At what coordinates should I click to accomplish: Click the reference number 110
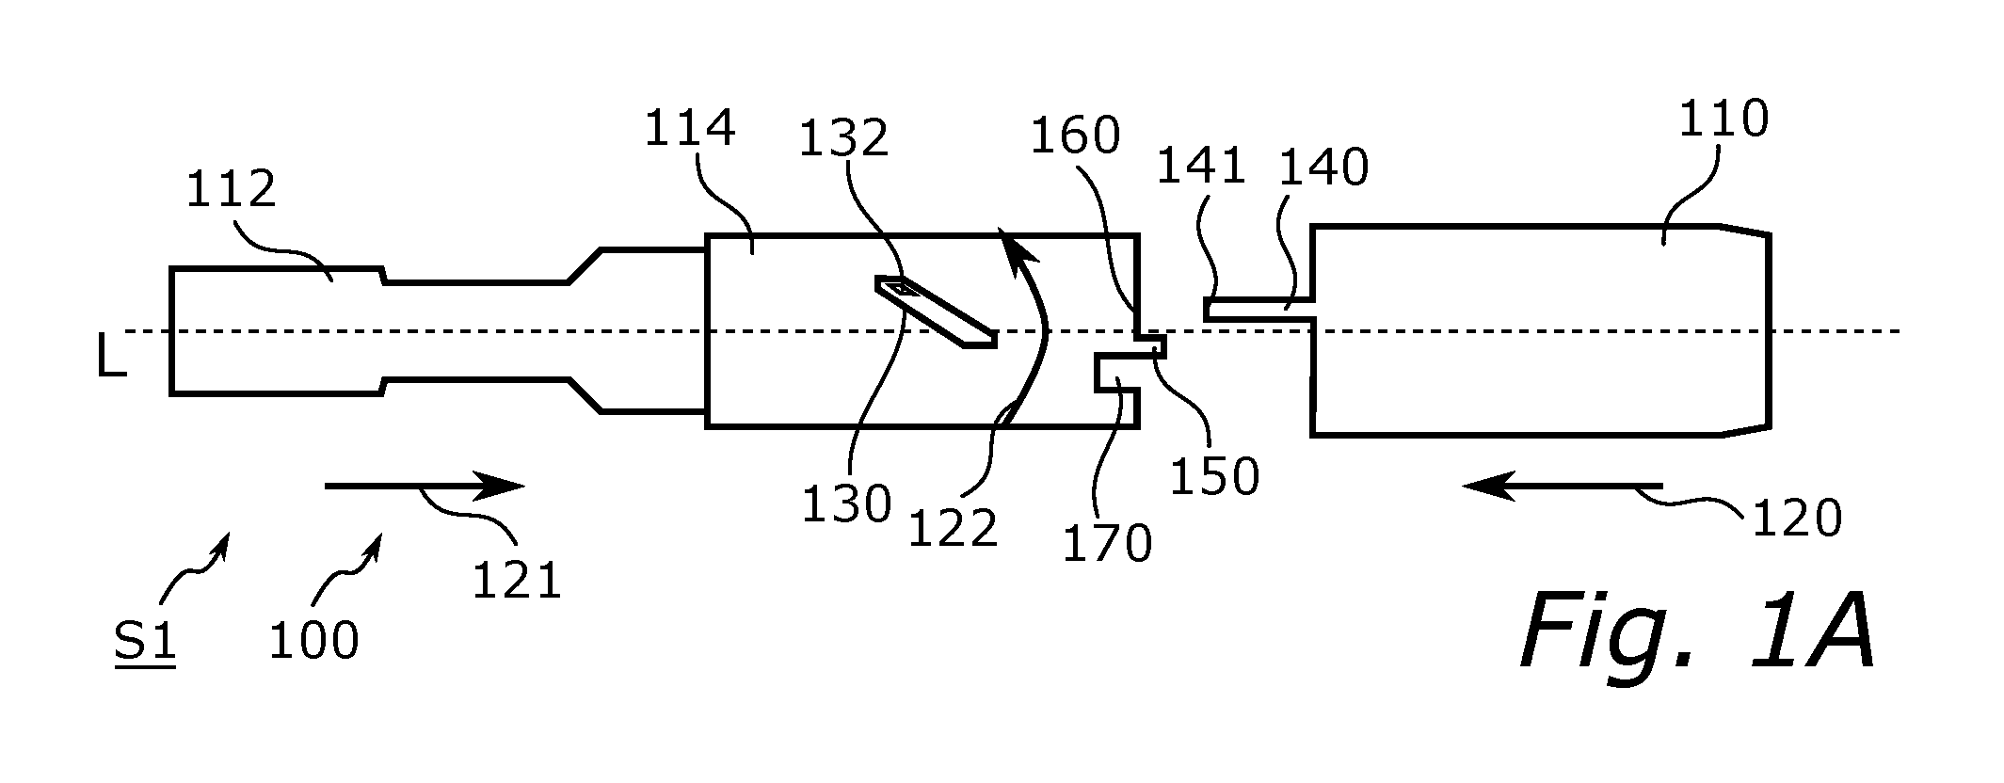coord(1724,120)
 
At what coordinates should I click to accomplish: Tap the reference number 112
coord(231,189)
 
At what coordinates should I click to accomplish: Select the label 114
coord(689,128)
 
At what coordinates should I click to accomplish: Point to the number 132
coord(843,139)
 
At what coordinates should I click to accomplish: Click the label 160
coord(1075,136)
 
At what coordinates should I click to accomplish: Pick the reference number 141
coord(1201,168)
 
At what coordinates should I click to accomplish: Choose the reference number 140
coord(1323,168)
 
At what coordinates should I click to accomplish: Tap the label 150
coord(1214,476)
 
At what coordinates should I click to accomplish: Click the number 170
coord(1107,543)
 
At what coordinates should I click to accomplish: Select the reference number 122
coord(953,529)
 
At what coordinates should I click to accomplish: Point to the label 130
coord(846,503)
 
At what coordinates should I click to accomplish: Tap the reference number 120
coord(1796,518)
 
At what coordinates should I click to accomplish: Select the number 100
coord(313,641)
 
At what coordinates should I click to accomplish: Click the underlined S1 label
coord(145,644)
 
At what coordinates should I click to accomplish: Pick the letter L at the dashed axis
coord(112,360)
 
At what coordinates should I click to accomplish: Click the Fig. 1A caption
coord(1697,631)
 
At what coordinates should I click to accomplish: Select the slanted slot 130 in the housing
coord(936,312)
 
